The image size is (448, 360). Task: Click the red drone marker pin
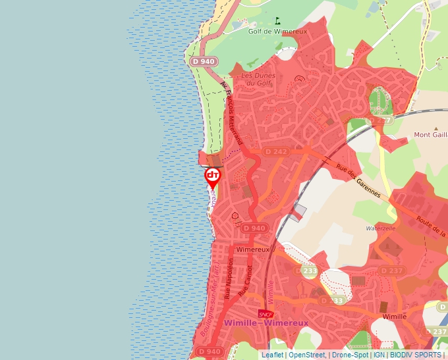pyautogui.click(x=212, y=176)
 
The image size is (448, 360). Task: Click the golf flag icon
pyautogui.click(x=277, y=20)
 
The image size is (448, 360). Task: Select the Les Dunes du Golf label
pyautogui.click(x=256, y=79)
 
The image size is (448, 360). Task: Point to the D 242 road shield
pyautogui.click(x=276, y=151)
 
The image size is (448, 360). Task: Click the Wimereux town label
pyautogui.click(x=253, y=250)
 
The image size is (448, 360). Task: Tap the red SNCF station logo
pyautogui.click(x=266, y=313)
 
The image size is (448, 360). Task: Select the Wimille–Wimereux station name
pyautogui.click(x=266, y=323)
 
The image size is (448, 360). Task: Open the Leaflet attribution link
pyautogui.click(x=272, y=355)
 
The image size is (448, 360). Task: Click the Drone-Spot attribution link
pyautogui.click(x=350, y=355)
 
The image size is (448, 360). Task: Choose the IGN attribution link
pyautogui.click(x=379, y=355)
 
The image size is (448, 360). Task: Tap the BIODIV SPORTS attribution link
pyautogui.click(x=416, y=355)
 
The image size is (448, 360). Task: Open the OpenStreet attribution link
pyautogui.click(x=306, y=355)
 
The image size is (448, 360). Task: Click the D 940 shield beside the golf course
pyautogui.click(x=204, y=61)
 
